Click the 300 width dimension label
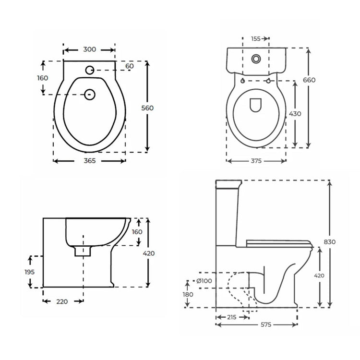pos(89,49)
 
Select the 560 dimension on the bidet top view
pos(147,108)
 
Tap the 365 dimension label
pos(89,161)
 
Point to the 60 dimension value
pos(130,66)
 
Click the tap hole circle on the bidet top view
pos(89,70)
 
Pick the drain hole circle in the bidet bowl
pos(89,95)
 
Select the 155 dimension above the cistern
pos(256,39)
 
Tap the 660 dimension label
pos(309,80)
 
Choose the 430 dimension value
pos(295,114)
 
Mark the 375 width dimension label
pos(256,161)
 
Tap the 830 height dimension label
pos(329,241)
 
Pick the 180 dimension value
pos(188,294)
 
